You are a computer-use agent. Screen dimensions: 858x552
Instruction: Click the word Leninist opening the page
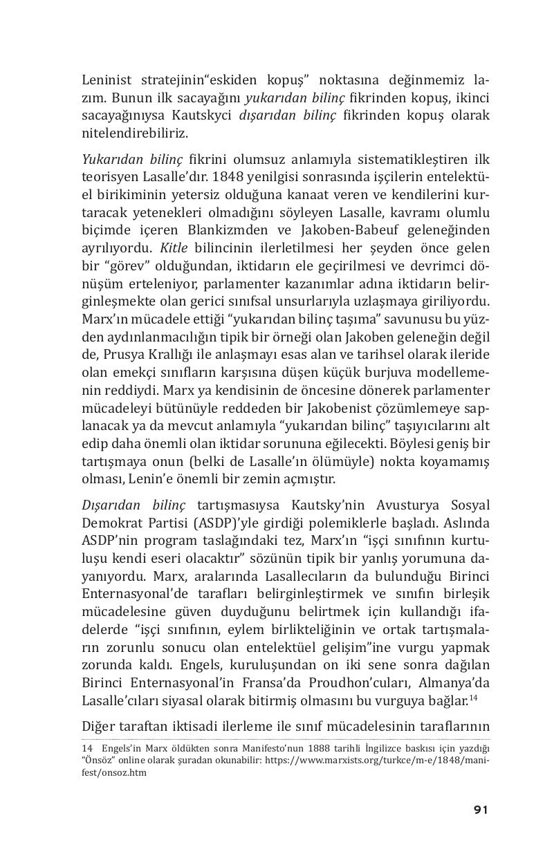tap(107, 80)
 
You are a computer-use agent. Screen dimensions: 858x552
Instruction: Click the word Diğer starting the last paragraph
tap(99, 726)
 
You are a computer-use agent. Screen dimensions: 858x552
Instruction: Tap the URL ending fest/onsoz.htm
tap(114, 773)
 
